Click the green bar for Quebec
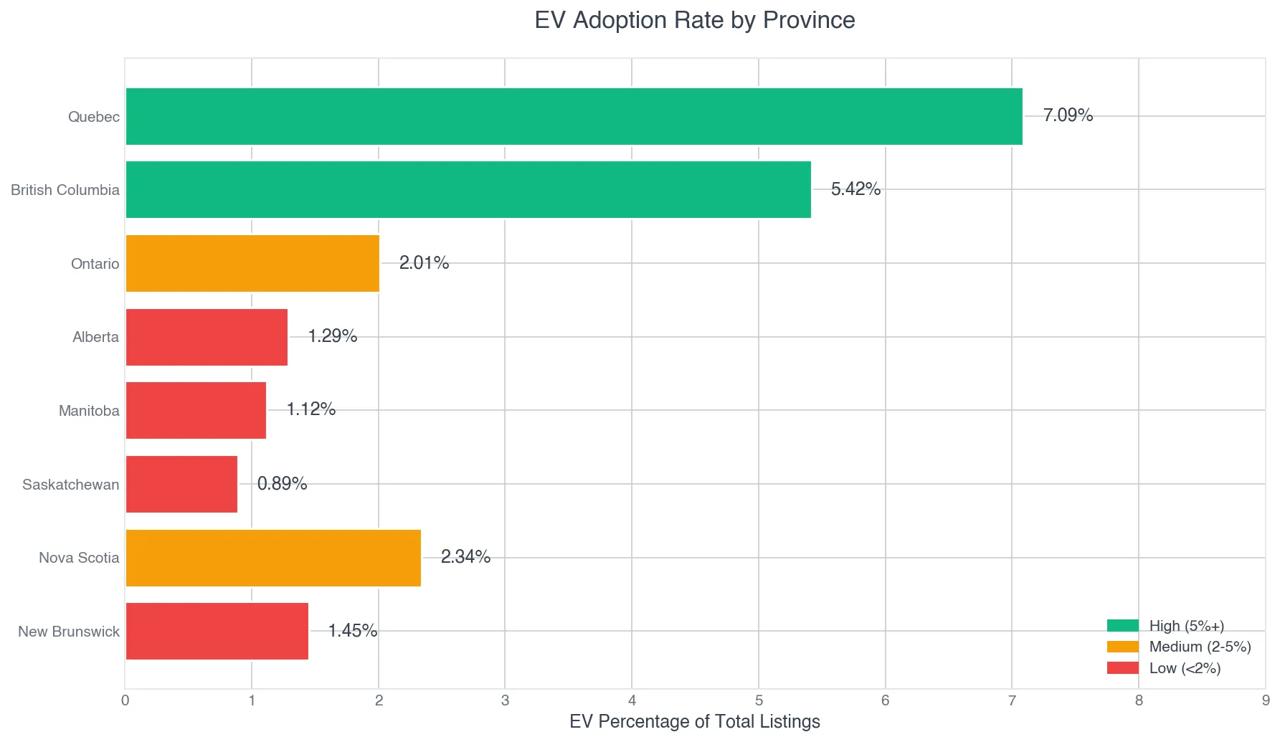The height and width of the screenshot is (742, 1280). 574,116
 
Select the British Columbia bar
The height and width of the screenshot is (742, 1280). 468,189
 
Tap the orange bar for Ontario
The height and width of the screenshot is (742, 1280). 252,263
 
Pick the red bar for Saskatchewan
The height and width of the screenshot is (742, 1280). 181,484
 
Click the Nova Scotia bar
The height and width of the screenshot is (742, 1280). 273,558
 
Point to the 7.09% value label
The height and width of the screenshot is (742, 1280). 1068,115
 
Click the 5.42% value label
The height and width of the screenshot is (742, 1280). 855,189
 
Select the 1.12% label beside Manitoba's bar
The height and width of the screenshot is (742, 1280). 310,409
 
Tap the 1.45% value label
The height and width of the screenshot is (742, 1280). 352,631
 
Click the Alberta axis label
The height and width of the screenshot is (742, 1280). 95,337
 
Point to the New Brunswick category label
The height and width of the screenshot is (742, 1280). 69,632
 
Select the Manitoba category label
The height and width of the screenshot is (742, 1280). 89,411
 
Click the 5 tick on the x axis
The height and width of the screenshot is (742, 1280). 759,700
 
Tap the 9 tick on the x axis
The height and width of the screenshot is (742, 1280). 1266,700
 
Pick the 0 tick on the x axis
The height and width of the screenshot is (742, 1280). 125,700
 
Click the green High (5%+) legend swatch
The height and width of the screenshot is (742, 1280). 1122,626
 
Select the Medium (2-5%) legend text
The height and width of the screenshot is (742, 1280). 1200,647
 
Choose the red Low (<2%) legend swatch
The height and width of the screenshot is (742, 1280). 1122,668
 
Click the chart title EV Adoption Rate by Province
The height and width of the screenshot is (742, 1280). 694,20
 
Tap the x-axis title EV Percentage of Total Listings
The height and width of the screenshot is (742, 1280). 694,721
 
